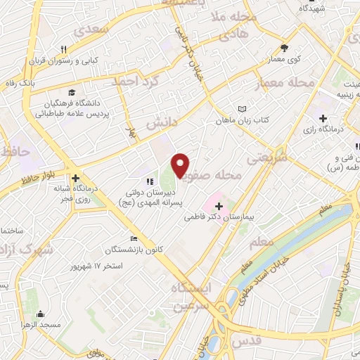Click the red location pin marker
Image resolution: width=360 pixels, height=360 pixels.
(x=181, y=165)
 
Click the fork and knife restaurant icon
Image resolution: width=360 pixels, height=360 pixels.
(x=63, y=49)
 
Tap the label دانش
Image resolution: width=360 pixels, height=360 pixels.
(x=160, y=122)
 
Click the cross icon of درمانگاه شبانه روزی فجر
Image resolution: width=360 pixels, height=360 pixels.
(x=75, y=178)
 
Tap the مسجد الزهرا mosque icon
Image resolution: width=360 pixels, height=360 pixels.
(x=41, y=314)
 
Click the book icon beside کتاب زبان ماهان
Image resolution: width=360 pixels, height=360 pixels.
(x=243, y=109)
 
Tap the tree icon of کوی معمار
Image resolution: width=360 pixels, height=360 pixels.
(x=284, y=48)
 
